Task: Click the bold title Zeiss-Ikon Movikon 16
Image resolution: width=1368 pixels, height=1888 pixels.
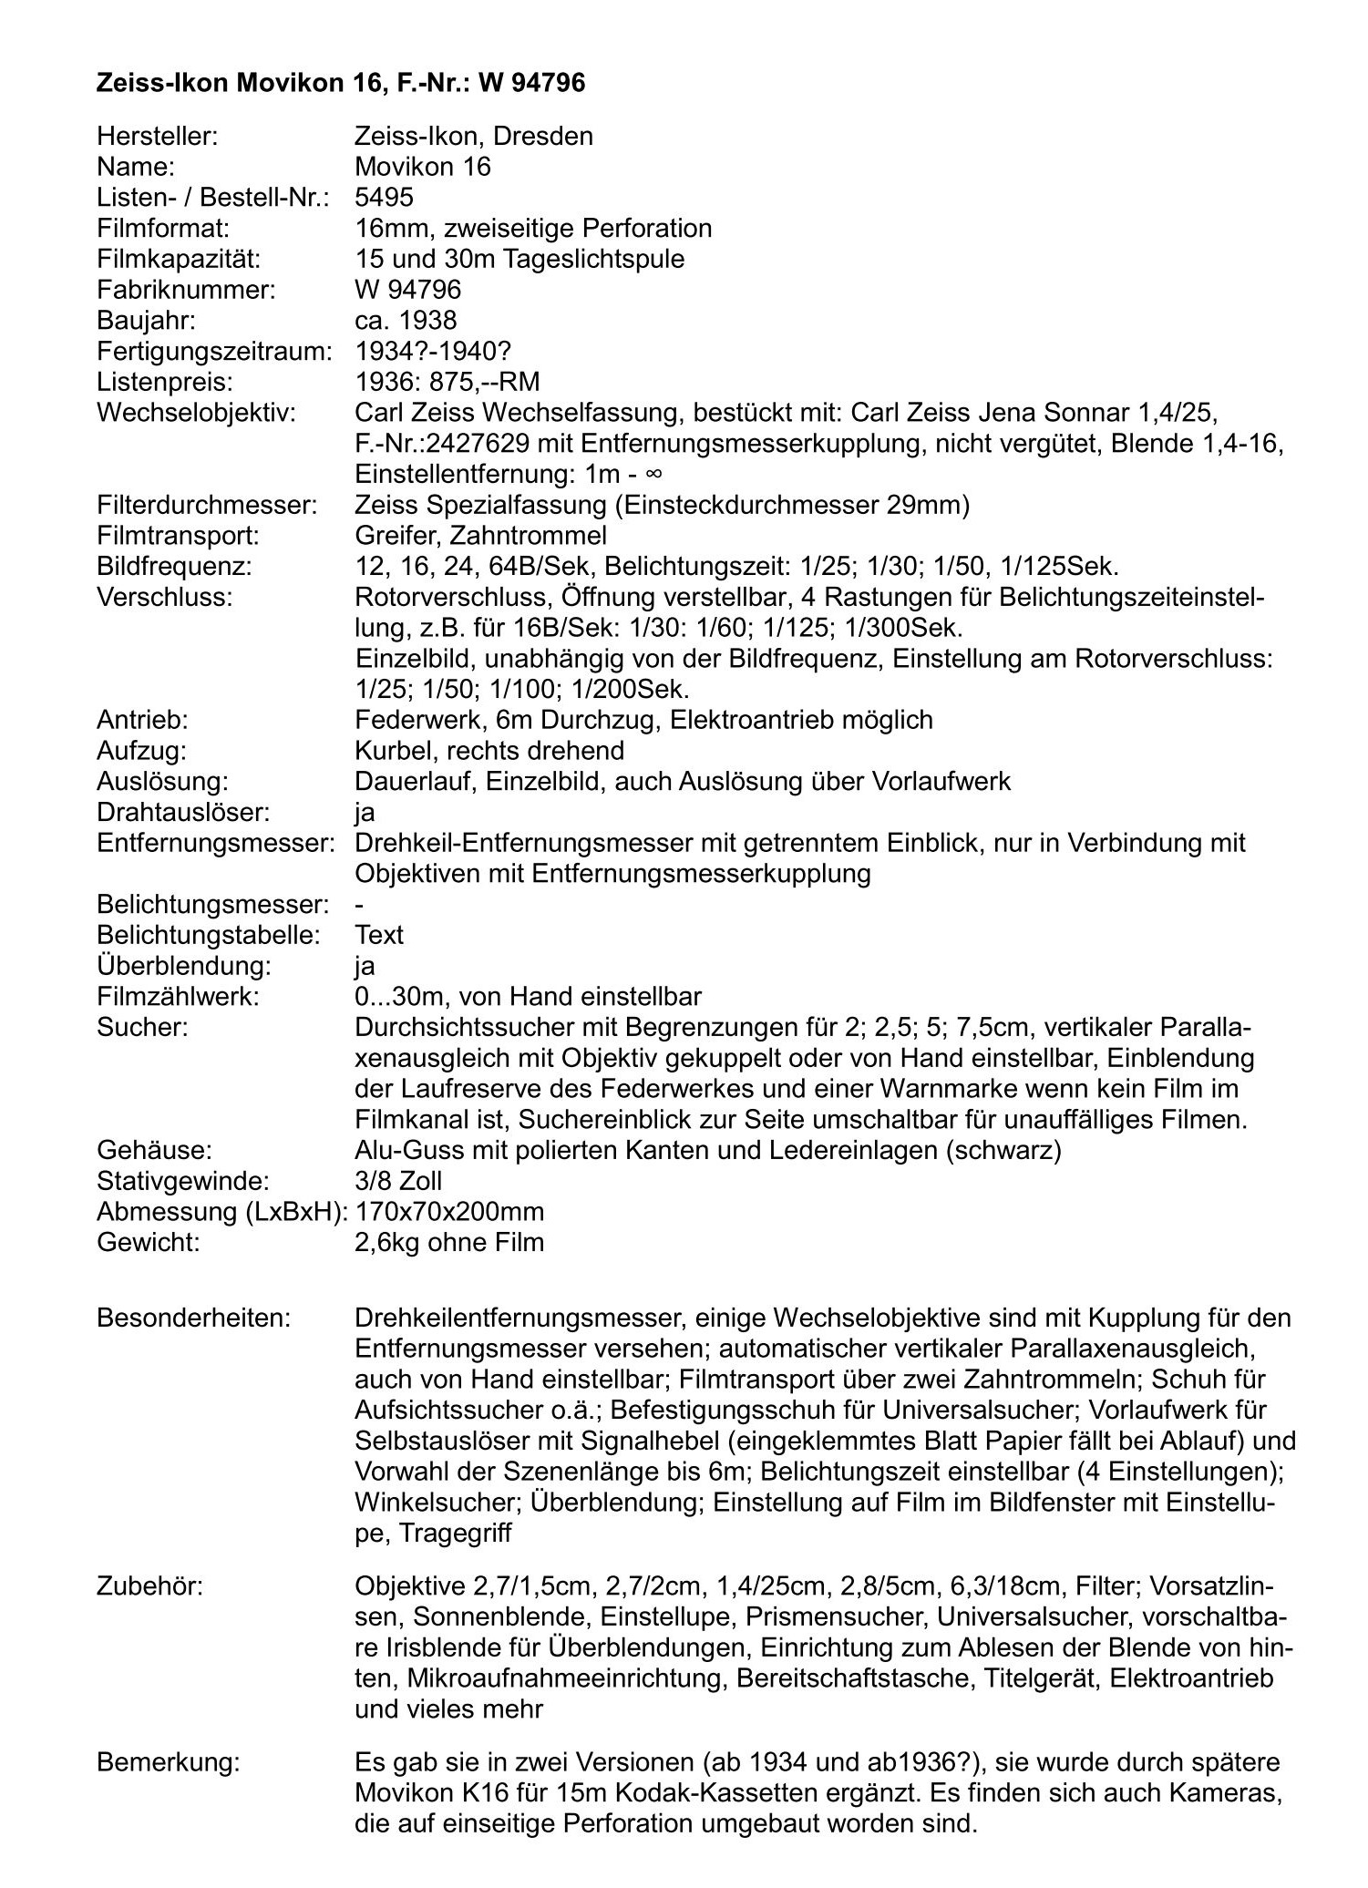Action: coord(237,84)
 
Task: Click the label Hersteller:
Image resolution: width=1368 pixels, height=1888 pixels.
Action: coord(157,137)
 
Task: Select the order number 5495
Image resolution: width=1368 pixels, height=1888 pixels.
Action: coord(384,198)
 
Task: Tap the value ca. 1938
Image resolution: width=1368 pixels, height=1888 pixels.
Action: coord(406,321)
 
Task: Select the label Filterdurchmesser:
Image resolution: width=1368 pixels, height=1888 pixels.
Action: coord(207,505)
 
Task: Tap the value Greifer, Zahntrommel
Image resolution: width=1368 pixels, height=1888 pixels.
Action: coord(480,536)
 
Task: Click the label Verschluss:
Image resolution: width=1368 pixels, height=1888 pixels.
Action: coord(164,597)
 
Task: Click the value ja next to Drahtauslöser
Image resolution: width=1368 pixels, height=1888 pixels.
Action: coord(365,812)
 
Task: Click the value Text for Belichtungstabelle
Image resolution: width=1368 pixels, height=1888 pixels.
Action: coord(379,935)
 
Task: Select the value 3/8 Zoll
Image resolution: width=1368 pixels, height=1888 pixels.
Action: coord(398,1181)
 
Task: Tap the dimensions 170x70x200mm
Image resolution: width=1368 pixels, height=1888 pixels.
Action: coord(449,1212)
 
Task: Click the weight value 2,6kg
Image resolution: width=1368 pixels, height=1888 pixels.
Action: coord(386,1242)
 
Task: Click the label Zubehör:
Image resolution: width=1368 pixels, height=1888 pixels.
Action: coord(149,1586)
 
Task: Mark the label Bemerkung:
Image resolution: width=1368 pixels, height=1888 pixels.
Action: coord(168,1762)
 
